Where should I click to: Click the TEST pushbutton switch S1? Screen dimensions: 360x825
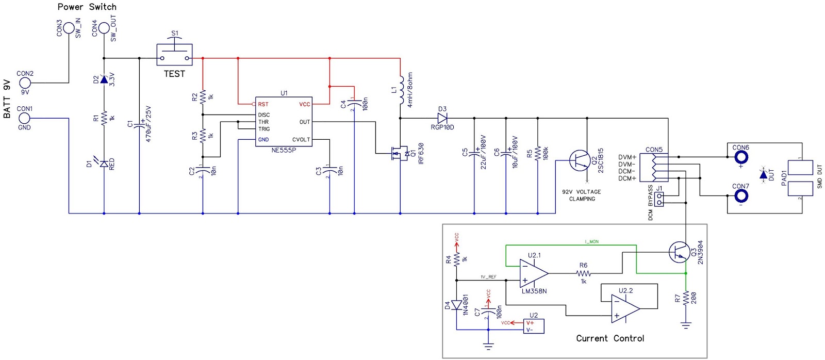point(174,54)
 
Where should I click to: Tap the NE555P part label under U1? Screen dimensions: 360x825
point(284,150)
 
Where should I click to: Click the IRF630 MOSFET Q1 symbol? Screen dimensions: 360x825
point(398,153)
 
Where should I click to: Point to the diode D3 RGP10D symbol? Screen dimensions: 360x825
point(442,118)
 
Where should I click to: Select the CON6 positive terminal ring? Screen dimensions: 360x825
point(740,157)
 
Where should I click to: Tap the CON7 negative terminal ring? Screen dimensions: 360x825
point(740,196)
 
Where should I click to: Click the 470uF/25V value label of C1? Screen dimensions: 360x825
point(148,124)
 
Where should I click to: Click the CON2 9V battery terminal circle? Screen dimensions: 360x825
point(24,83)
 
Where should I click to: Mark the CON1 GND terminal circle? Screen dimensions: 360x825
point(24,118)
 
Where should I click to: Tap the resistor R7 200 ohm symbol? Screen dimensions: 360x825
point(686,298)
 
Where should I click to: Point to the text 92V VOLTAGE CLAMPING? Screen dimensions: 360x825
point(582,195)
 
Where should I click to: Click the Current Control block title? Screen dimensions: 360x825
point(610,338)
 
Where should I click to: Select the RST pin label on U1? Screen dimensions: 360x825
point(263,104)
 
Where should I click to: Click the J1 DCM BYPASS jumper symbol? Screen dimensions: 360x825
point(659,199)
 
